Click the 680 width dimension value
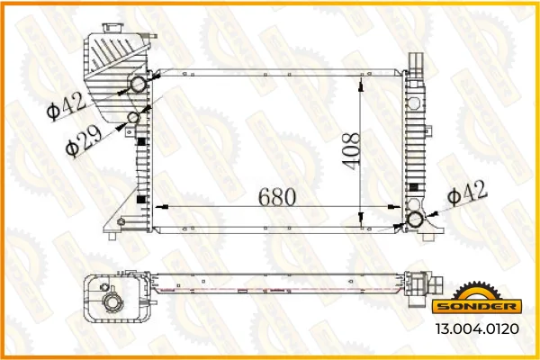277,197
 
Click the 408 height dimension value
352,151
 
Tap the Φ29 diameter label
84,141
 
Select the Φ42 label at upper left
67,106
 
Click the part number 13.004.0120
477,328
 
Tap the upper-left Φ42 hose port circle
139,85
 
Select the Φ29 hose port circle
133,118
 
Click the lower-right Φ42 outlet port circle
415,220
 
